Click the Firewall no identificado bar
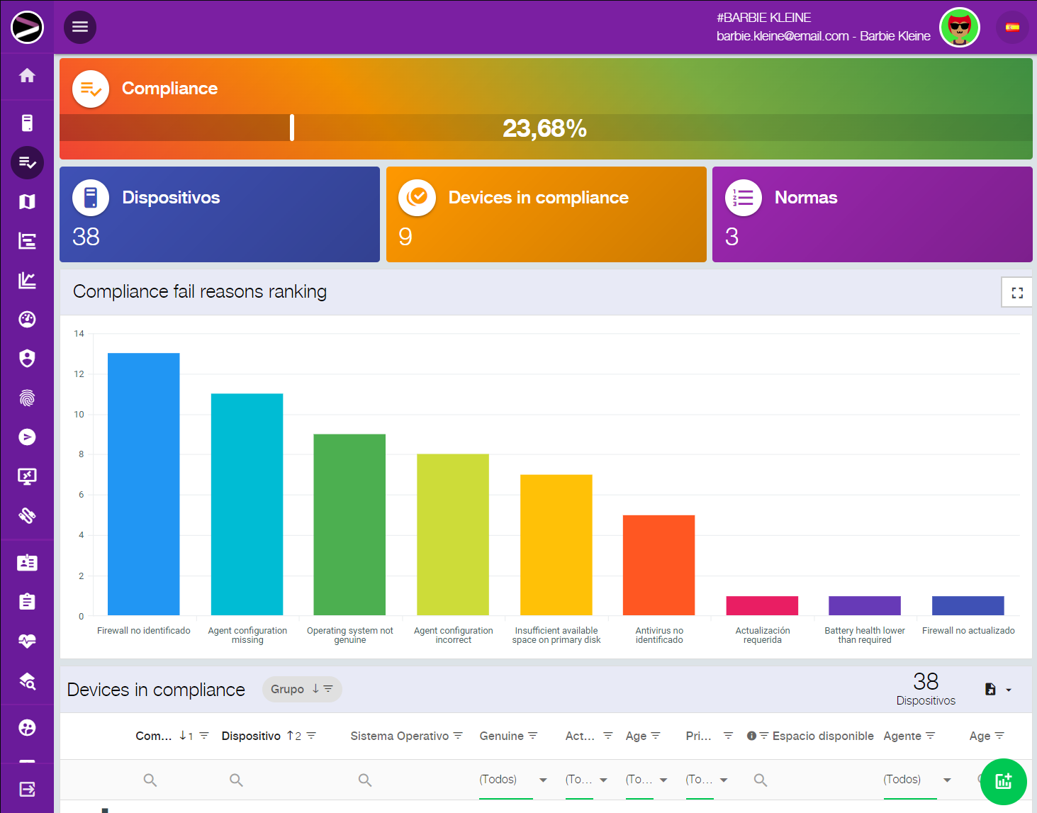pos(143,483)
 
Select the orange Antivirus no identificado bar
pos(658,565)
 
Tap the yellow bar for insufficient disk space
pos(556,544)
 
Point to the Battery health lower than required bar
pos(864,605)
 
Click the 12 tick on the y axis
pos(79,374)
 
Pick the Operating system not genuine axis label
pos(349,635)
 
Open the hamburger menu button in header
pos(80,27)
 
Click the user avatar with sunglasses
pos(959,28)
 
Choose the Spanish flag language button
pos(1012,28)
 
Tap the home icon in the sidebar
pos(27,75)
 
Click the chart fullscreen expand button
pos(1017,293)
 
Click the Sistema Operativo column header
pos(399,736)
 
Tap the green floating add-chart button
pos(1003,781)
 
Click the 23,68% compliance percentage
pos(544,128)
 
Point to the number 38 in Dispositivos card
pos(86,237)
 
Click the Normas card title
pos(806,198)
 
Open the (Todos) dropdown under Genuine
pos(513,780)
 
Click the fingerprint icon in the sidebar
pos(27,398)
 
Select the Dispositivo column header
pos(251,736)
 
